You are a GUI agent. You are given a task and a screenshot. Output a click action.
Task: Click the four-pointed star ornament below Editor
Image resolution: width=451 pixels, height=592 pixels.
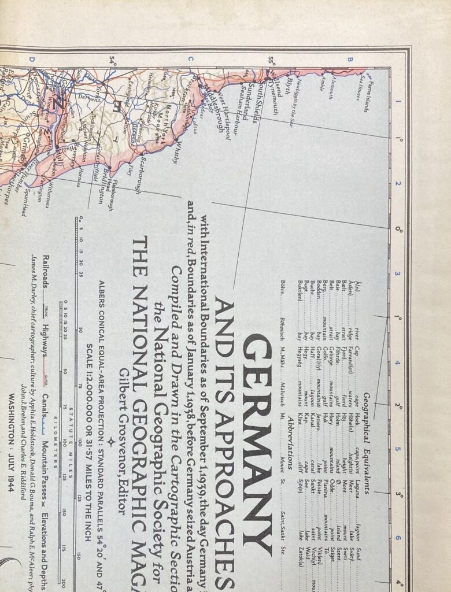(x=110, y=442)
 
